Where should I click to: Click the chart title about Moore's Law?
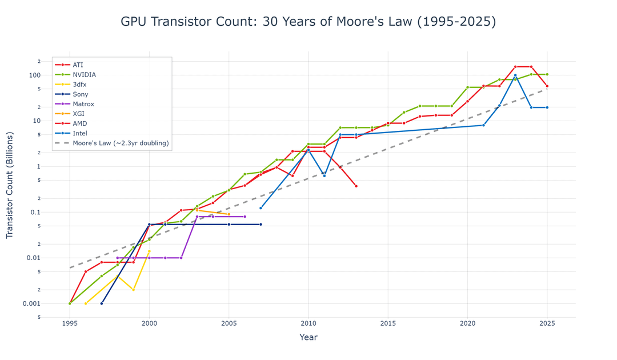pyautogui.click(x=308, y=22)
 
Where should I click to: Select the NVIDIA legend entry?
pyautogui.click(x=84, y=75)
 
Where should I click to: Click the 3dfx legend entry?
pyautogui.click(x=80, y=85)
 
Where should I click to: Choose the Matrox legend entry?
pyautogui.click(x=83, y=104)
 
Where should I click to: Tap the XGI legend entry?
pyautogui.click(x=78, y=114)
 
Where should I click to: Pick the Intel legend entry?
pyautogui.click(x=81, y=133)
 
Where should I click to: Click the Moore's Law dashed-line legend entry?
pyautogui.click(x=121, y=143)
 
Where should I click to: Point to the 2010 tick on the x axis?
pyautogui.click(x=308, y=323)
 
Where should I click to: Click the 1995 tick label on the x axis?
pyautogui.click(x=70, y=323)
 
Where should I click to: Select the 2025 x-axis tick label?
pyautogui.click(x=547, y=323)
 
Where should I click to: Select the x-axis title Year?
pyautogui.click(x=308, y=338)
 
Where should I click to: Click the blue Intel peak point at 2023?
pyautogui.click(x=515, y=75)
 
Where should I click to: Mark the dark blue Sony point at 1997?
pyautogui.click(x=102, y=303)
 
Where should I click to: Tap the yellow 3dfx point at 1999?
pyautogui.click(x=133, y=290)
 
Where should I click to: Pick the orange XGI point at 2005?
pyautogui.click(x=229, y=214)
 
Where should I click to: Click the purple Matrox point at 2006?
pyautogui.click(x=245, y=217)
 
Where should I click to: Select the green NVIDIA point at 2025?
pyautogui.click(x=547, y=74)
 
